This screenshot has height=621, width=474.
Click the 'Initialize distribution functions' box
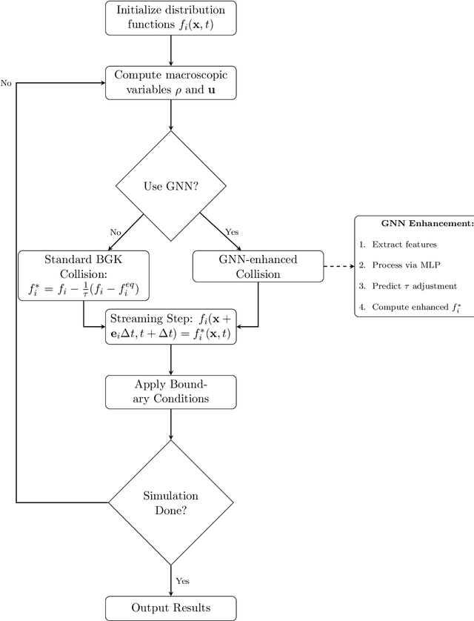point(171,17)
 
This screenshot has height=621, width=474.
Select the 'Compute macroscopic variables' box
point(171,82)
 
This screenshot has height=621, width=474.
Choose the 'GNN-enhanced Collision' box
point(258,266)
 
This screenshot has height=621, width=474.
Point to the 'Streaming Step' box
point(171,328)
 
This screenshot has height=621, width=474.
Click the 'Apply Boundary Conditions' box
point(171,391)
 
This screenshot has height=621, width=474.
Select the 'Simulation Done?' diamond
point(171,502)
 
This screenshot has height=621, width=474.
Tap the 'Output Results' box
point(171,608)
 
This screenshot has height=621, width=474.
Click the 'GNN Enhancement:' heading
point(417,223)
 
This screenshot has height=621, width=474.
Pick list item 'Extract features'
point(404,244)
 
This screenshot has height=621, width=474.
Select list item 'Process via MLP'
point(404,265)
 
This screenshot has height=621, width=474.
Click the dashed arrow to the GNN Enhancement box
point(338,266)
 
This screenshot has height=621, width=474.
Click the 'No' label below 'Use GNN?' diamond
point(116,232)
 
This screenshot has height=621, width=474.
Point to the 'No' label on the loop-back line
point(6,82)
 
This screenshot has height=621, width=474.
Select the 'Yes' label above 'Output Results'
point(181,581)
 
